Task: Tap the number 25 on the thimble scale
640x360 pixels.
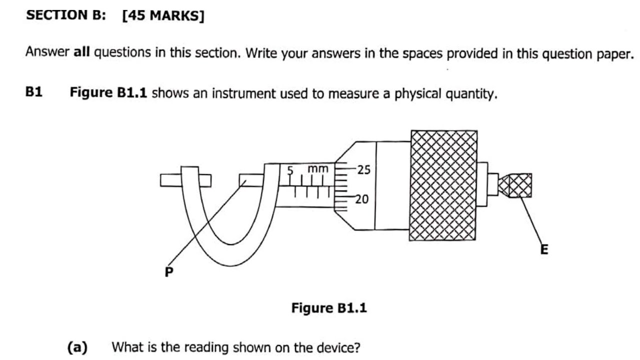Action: click(364, 170)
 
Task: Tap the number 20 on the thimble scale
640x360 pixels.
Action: click(362, 199)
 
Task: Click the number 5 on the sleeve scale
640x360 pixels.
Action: click(289, 170)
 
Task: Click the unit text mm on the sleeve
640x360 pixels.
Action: click(317, 169)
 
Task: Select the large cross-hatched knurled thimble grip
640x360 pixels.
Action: click(443, 185)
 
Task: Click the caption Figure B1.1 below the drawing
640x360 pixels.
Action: click(329, 308)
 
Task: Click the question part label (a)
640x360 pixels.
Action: click(77, 346)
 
